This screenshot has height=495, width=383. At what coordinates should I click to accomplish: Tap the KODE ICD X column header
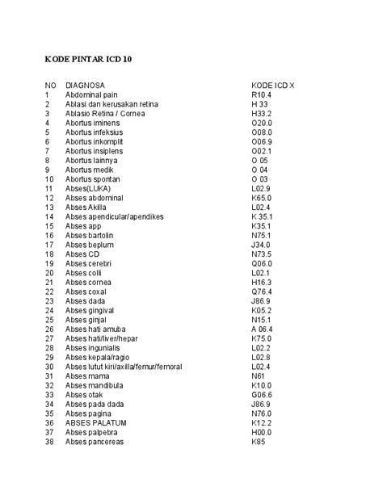point(273,85)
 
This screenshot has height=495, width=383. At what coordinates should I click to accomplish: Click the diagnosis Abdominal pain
point(91,94)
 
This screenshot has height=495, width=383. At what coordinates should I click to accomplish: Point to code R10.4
point(262,94)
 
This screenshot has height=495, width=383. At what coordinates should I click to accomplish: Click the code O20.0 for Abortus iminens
point(262,123)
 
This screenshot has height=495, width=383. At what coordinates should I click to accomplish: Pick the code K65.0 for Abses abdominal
point(262,198)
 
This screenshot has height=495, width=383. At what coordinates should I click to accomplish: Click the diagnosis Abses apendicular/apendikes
point(115,216)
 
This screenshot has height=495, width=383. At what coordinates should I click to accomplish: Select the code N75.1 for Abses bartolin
point(262,235)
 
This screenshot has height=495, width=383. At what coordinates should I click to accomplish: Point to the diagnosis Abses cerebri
point(89,263)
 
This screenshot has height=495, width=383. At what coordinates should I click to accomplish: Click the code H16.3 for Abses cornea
point(262,282)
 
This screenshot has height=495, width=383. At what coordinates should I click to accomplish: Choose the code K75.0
point(262,338)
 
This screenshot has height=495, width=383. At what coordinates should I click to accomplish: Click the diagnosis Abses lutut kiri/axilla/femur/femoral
point(124,367)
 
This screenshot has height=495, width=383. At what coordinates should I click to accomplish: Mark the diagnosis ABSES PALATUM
point(95,422)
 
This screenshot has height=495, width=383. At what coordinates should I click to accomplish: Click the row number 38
point(49,442)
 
